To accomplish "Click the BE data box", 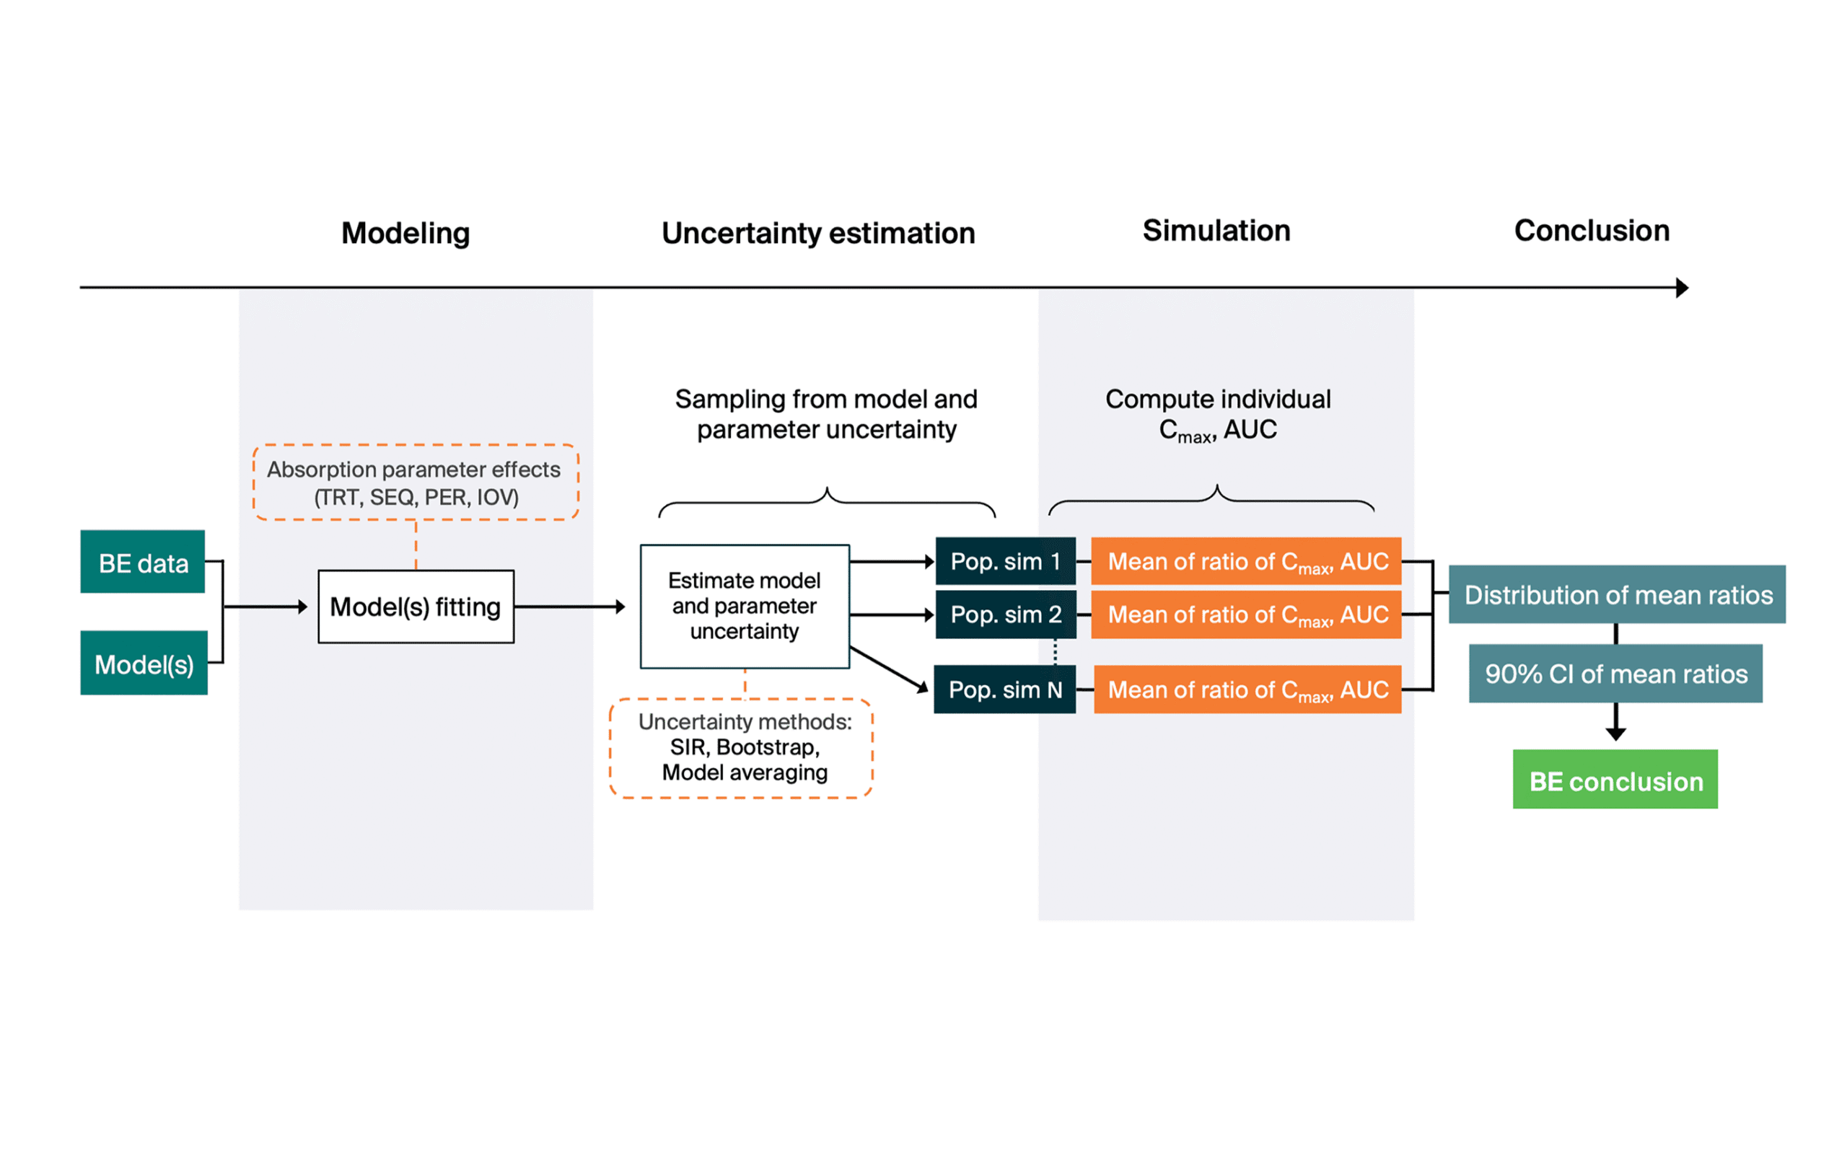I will (143, 562).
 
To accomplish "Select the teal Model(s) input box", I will (144, 663).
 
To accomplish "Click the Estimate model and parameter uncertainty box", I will (744, 607).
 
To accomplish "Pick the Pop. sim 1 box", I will (1004, 562).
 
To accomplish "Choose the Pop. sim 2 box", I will (1004, 615).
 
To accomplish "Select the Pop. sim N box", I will (1004, 690).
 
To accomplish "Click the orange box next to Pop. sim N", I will (1247, 690).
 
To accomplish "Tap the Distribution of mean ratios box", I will (1617, 594).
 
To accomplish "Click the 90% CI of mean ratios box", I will (1615, 673).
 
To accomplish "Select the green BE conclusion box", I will (1615, 780).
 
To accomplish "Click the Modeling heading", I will (405, 233).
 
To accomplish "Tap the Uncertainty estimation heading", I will (818, 233).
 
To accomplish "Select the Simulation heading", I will (1216, 231).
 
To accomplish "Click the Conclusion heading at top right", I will (1592, 231).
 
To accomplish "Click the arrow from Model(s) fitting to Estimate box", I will (569, 607).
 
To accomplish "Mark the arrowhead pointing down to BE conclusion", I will (1615, 734).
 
